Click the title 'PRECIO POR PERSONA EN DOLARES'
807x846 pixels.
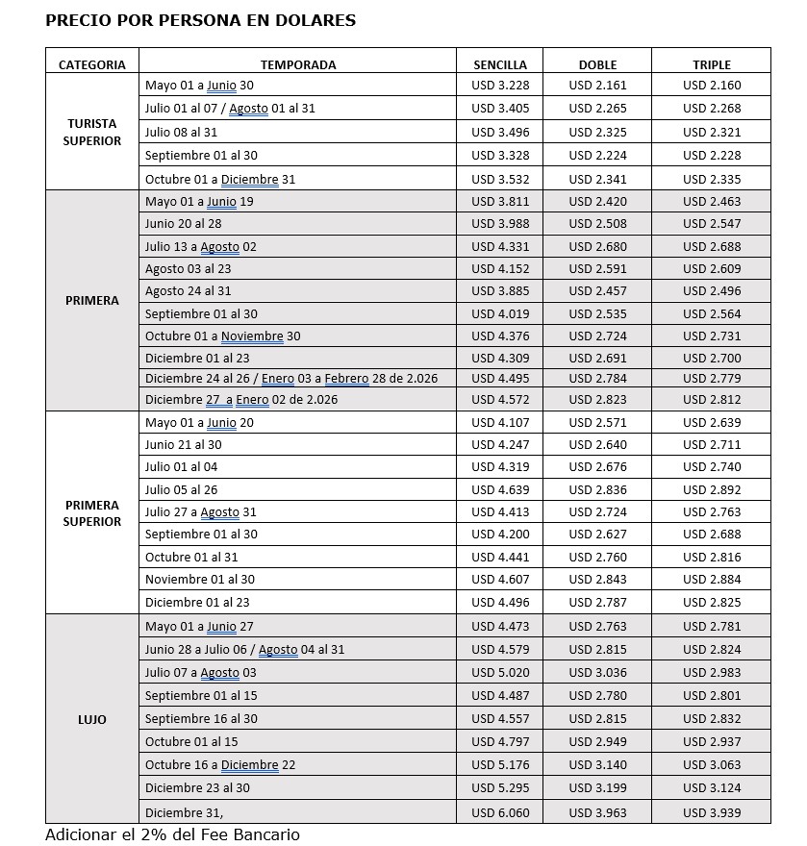(200, 20)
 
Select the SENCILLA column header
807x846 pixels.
(499, 65)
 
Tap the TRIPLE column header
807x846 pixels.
(711, 65)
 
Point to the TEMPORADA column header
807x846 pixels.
(298, 65)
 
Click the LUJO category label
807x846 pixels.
(92, 719)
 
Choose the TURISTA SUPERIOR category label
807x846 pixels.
(92, 133)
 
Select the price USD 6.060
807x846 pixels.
(500, 812)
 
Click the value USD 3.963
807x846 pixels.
(597, 812)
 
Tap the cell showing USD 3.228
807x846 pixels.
(500, 86)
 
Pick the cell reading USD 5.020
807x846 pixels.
(500, 672)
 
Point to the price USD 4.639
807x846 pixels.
(500, 489)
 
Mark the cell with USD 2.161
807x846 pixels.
(597, 86)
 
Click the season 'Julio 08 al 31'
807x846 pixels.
(181, 132)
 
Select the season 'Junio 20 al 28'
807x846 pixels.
(183, 223)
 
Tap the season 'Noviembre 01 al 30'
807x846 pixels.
(200, 579)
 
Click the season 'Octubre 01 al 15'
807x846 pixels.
(191, 741)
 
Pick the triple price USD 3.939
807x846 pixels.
(712, 812)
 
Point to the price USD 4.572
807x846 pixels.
(500, 399)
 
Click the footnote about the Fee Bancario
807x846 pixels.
(172, 834)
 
